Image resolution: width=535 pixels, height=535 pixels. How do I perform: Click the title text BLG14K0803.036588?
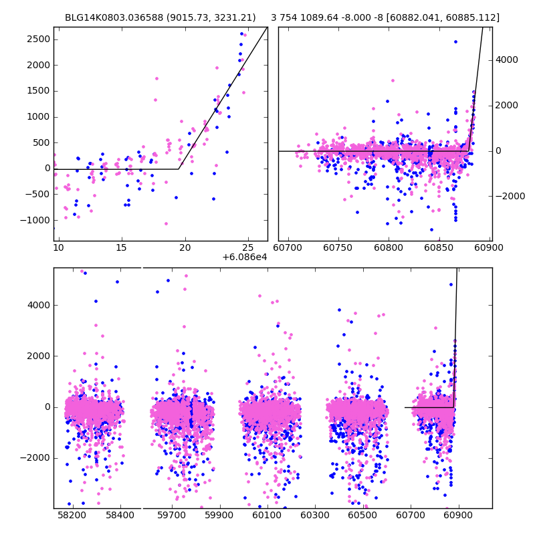coord(112,17)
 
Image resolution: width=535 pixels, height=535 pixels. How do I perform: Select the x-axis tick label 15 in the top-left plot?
coord(122,247)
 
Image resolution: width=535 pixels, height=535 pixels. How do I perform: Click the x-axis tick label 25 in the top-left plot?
coord(247,247)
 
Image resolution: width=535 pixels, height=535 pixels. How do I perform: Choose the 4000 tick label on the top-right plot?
coord(507,60)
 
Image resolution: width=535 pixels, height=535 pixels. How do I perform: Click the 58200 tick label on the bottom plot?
coord(72,516)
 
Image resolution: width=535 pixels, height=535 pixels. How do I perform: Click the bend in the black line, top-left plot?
coord(179,169)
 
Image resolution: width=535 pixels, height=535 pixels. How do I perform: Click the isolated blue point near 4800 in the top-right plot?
coord(455,41)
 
